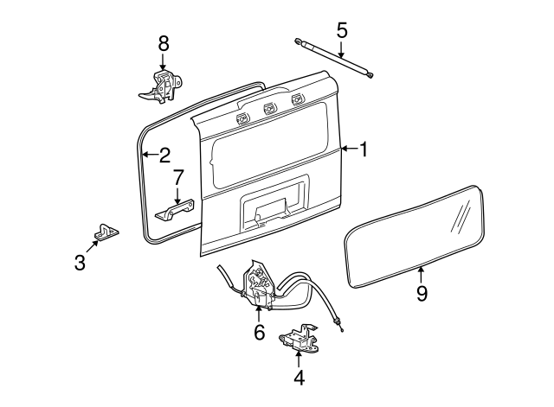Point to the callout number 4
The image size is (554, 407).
point(299,378)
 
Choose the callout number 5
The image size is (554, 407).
point(342,30)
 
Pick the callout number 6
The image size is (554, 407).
point(259,333)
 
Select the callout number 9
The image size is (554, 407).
point(422,294)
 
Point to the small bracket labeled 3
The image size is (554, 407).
point(106,232)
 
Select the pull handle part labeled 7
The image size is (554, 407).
point(177,210)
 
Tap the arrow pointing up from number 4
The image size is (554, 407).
point(299,358)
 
